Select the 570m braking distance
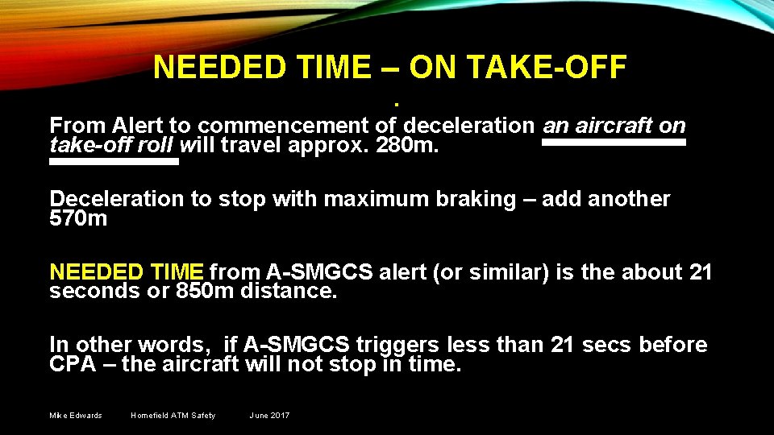pyautogui.click(x=78, y=218)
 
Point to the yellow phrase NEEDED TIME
pyautogui.click(x=128, y=272)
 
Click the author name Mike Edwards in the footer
pyautogui.click(x=76, y=416)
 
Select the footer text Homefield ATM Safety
pyautogui.click(x=173, y=416)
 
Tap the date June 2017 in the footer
pyautogui.click(x=269, y=416)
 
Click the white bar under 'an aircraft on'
pyautogui.click(x=613, y=143)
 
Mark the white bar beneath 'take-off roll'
pyautogui.click(x=114, y=162)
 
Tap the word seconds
pyautogui.click(x=90, y=292)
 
